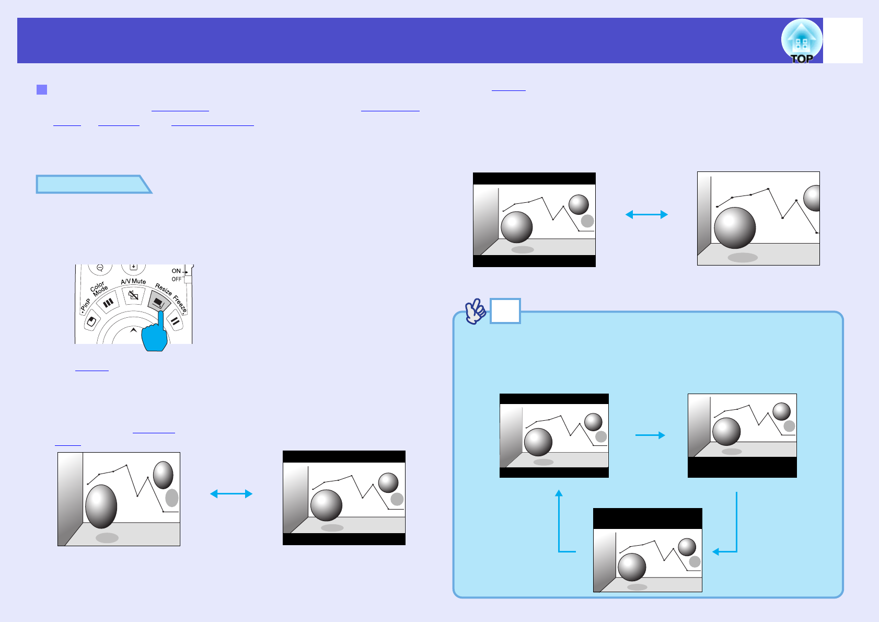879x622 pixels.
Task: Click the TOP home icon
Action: (801, 41)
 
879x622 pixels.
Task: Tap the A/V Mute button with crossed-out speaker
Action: (133, 296)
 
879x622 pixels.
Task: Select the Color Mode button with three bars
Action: (108, 303)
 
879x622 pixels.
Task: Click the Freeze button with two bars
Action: (175, 322)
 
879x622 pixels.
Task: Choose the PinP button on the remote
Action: (91, 321)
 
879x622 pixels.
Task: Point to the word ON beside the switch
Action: (176, 271)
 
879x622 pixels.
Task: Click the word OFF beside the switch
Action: (177, 279)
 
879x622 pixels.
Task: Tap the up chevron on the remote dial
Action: (133, 330)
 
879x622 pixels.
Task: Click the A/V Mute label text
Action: (133, 281)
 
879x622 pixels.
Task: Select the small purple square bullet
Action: (42, 89)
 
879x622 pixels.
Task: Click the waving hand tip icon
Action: (475, 312)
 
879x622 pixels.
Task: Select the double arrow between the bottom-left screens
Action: (231, 493)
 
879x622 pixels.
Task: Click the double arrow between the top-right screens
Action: (646, 214)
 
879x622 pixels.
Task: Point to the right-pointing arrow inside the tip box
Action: (650, 435)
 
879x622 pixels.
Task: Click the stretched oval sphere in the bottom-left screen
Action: (101, 506)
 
